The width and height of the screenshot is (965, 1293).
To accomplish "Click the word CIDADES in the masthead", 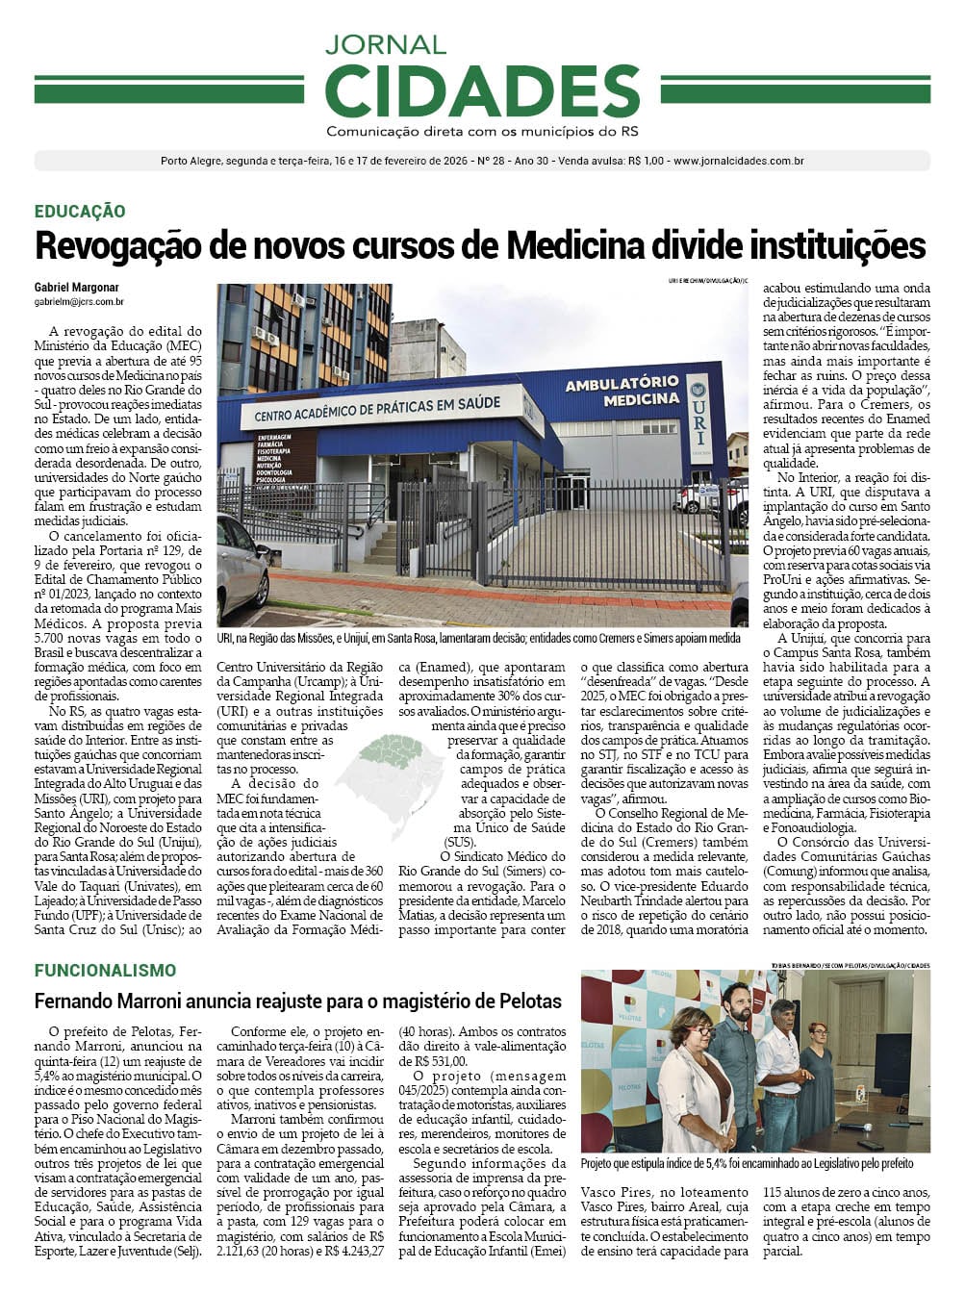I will [x=482, y=91].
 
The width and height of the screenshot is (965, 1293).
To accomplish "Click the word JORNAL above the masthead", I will [x=385, y=44].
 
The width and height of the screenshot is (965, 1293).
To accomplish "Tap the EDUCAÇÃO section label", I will [x=80, y=212].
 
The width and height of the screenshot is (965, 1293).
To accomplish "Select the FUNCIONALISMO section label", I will [x=106, y=971].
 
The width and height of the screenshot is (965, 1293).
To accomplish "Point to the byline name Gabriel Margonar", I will [x=77, y=287].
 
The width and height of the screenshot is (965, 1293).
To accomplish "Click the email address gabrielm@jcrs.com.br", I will [x=79, y=302].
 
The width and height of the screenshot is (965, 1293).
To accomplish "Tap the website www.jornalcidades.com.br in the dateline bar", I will [x=738, y=161].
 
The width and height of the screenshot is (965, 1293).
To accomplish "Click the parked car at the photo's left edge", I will [x=241, y=568].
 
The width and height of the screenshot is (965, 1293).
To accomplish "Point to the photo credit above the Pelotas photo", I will [x=850, y=965].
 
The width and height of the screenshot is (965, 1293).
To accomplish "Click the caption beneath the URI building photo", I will [x=479, y=638].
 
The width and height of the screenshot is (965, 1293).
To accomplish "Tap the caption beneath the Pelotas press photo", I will [x=747, y=1163].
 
